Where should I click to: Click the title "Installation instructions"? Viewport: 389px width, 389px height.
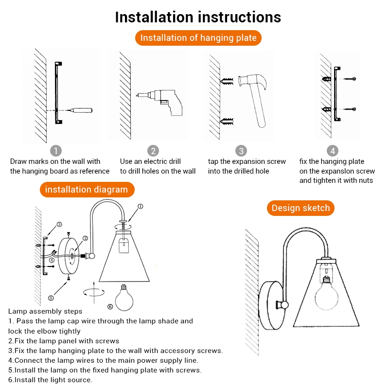(x=198, y=17)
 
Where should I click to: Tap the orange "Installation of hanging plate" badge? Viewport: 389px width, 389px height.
(x=198, y=38)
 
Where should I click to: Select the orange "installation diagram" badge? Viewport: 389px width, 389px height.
(x=86, y=189)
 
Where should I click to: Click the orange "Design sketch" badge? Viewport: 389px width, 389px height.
(x=301, y=208)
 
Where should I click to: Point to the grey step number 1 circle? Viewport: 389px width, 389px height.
(x=57, y=151)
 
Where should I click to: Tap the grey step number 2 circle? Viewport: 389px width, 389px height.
(x=153, y=151)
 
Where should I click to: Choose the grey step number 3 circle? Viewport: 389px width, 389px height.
(x=241, y=151)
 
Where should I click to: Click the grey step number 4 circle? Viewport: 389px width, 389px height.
(x=332, y=151)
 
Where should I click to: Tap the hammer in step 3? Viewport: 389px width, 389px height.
(x=255, y=95)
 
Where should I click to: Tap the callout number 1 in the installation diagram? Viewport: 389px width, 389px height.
(x=140, y=206)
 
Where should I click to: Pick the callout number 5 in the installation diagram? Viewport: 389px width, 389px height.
(x=51, y=298)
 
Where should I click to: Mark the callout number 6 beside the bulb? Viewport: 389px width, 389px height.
(x=110, y=306)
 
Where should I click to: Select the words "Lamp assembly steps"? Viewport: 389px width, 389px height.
(x=45, y=311)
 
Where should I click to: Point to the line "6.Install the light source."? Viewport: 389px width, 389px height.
(x=51, y=380)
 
